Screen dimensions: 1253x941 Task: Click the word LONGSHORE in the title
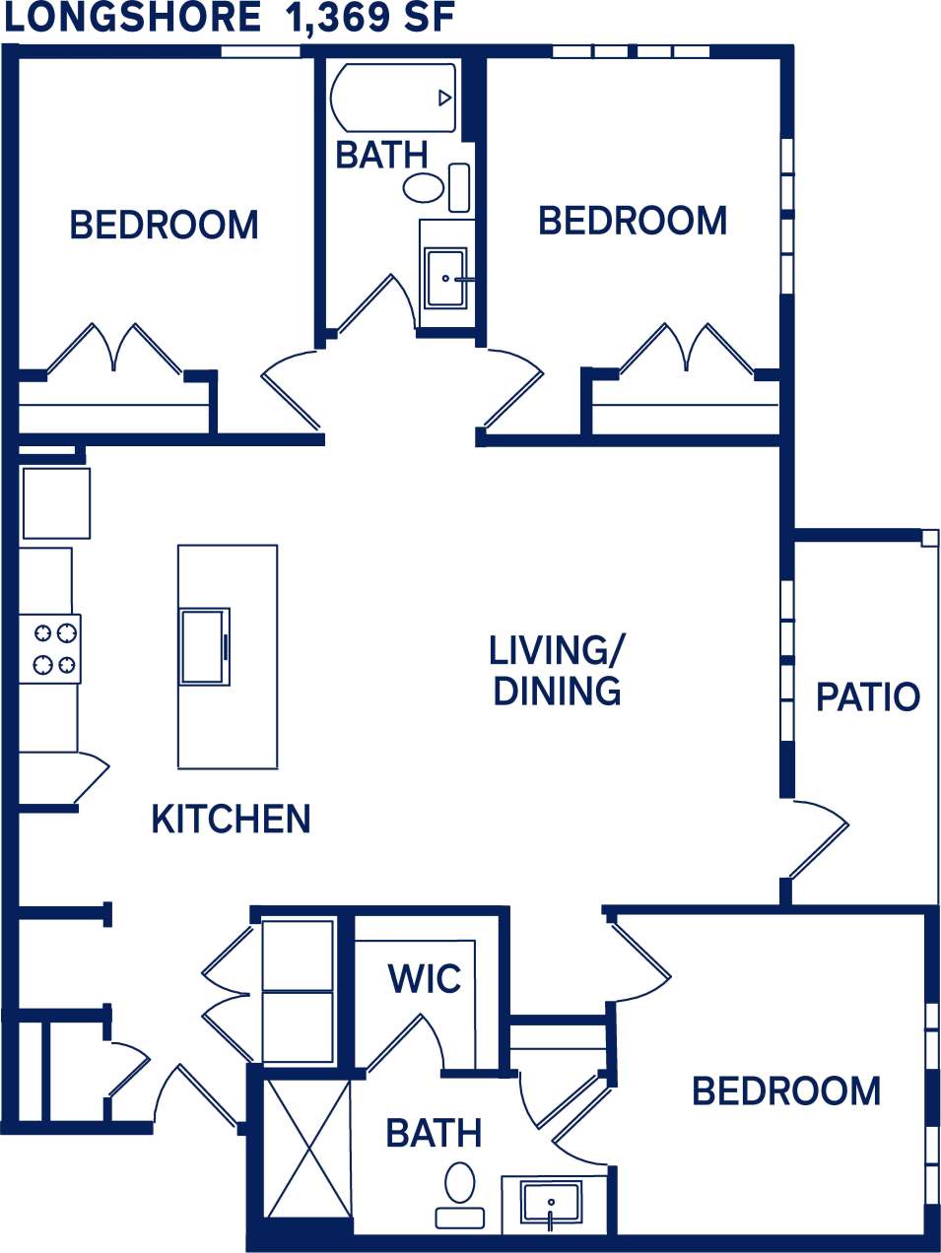[x=133, y=19]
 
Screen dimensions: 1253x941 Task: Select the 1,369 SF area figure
[x=370, y=19]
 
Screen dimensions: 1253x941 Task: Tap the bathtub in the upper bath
[x=393, y=98]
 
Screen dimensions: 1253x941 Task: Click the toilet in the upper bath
[x=425, y=187]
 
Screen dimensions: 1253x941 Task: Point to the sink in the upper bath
[x=445, y=279]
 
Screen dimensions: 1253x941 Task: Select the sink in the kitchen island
[x=204, y=646]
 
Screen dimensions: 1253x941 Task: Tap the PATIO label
[x=867, y=697]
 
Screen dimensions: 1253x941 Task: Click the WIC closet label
[x=425, y=979]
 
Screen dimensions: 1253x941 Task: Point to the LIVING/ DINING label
[x=557, y=671]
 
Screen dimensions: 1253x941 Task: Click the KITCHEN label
[x=231, y=820]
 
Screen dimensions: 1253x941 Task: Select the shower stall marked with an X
[x=308, y=1149]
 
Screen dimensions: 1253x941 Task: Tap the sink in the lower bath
[x=551, y=1203]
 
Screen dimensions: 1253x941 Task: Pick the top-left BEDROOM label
[x=164, y=226]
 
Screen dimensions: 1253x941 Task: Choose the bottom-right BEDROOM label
[x=786, y=1091]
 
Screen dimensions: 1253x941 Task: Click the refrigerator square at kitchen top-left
[x=56, y=502]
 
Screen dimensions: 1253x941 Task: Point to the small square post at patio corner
[x=929, y=538]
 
